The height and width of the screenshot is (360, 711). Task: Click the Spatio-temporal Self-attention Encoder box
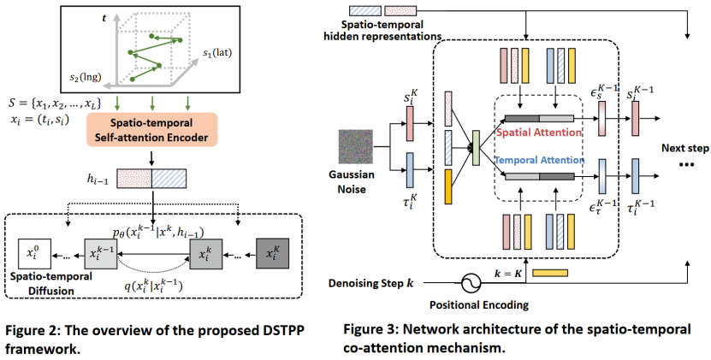pos(152,130)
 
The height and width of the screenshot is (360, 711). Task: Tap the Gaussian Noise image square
pos(356,146)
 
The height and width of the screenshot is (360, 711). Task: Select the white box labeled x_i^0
pos(35,254)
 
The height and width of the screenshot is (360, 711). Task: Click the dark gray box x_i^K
pos(273,254)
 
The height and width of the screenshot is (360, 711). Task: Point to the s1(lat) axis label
pos(217,53)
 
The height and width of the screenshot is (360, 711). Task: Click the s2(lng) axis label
pos(86,77)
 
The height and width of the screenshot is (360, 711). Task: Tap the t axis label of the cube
pos(104,18)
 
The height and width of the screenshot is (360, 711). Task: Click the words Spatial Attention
pos(539,133)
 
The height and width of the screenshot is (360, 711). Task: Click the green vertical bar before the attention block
pos(476,147)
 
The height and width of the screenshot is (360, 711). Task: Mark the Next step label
pos(684,148)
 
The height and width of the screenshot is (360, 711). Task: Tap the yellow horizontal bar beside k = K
pos(549,273)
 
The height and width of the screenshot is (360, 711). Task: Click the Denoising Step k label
pos(371,283)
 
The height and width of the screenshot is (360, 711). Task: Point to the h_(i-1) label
pos(98,179)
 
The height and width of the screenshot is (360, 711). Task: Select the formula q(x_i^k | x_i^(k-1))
pos(153,286)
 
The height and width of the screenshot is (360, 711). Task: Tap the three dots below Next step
pos(685,164)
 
